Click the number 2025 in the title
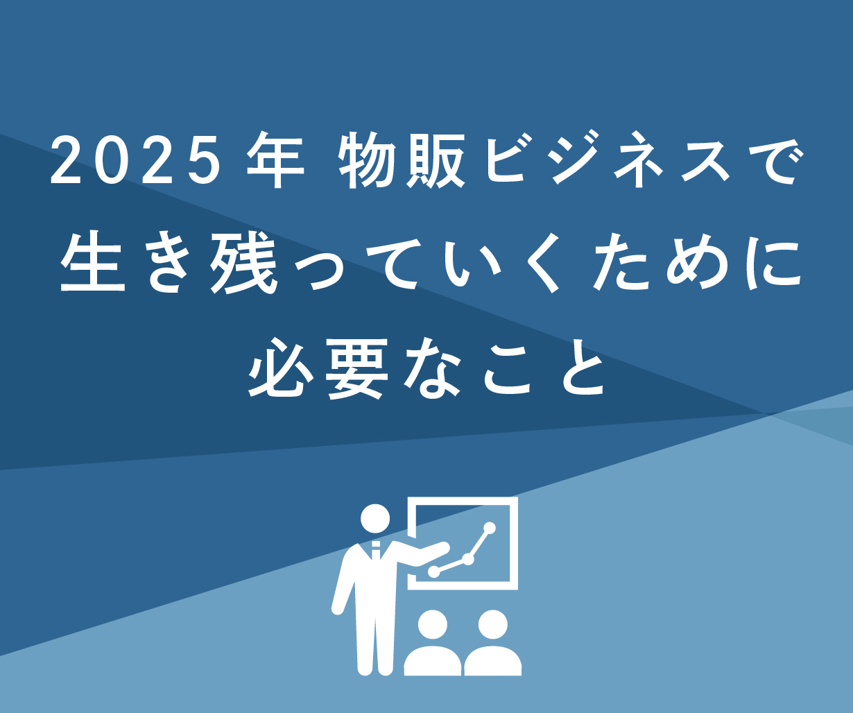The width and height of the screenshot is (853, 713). point(132,160)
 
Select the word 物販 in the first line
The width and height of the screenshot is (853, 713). point(400,160)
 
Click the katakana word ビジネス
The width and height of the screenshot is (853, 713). point(608,160)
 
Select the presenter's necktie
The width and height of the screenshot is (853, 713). point(376,549)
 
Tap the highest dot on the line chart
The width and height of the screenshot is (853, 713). point(489,529)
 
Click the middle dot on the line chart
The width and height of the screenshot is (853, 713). point(468,559)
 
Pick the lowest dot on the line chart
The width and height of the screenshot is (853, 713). point(434,572)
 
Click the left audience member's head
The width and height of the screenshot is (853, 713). point(433,625)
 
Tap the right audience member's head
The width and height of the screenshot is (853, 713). point(492,625)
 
